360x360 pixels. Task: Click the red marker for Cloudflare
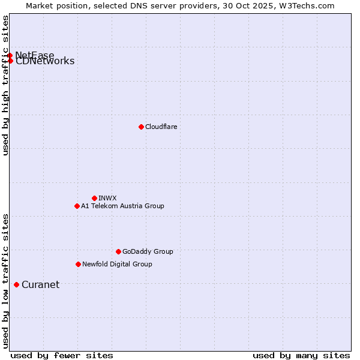pyautogui.click(x=141, y=127)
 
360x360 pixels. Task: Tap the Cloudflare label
pyautogui.click(x=161, y=127)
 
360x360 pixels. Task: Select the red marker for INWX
pyautogui.click(x=94, y=198)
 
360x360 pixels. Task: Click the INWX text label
pyautogui.click(x=107, y=198)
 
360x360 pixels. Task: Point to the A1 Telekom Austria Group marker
pyautogui.click(x=77, y=206)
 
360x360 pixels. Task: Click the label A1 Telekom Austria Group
pyautogui.click(x=122, y=206)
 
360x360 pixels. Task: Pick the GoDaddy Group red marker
pyautogui.click(x=118, y=251)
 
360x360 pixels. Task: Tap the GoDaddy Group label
pyautogui.click(x=148, y=251)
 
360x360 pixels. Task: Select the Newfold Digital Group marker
pyautogui.click(x=78, y=264)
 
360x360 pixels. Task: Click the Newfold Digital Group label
pyautogui.click(x=117, y=264)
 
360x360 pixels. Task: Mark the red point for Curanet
pyautogui.click(x=16, y=284)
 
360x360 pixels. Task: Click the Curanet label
pyautogui.click(x=40, y=284)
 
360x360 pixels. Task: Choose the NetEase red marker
pyautogui.click(x=10, y=56)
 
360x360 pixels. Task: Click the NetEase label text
pyautogui.click(x=35, y=55)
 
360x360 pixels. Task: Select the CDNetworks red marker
pyautogui.click(x=10, y=61)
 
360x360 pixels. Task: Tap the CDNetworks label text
pyautogui.click(x=45, y=61)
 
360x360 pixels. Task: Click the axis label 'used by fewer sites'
pyautogui.click(x=62, y=355)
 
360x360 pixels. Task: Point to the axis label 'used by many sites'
pyautogui.click(x=301, y=355)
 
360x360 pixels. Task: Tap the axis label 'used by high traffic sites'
pyautogui.click(x=5, y=85)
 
